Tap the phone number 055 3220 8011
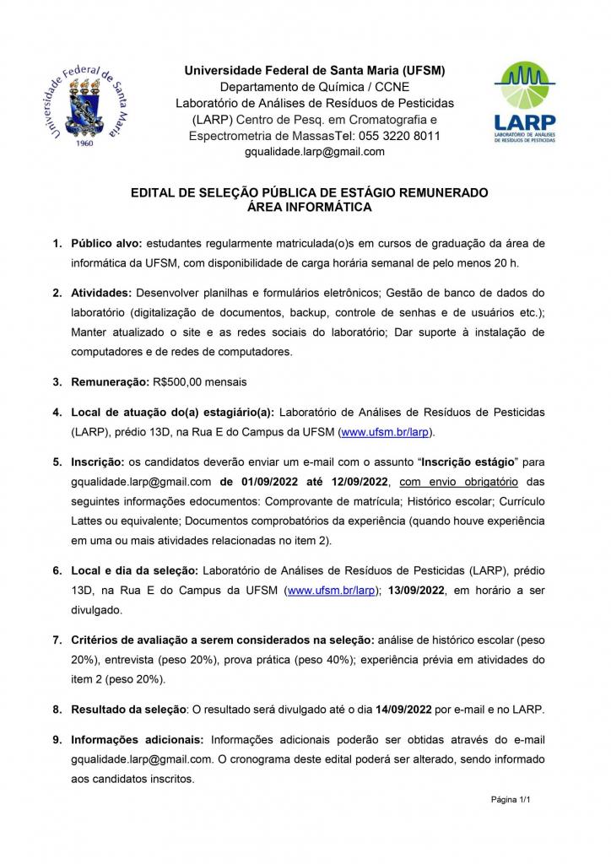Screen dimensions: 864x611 click(394, 136)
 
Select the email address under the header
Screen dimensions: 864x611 click(314, 152)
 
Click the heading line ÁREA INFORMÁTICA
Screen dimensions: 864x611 click(309, 206)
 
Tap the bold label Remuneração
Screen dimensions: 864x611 click(110, 381)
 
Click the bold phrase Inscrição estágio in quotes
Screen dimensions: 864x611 click(470, 462)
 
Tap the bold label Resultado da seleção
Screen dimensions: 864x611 click(126, 710)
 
